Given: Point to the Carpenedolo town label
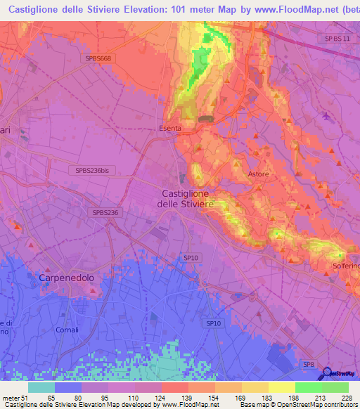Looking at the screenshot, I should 66,278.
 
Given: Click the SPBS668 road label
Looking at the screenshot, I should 97,59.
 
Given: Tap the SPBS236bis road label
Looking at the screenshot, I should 94,170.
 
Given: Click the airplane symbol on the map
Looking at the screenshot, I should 324,115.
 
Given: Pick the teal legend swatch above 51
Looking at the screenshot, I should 41,387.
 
